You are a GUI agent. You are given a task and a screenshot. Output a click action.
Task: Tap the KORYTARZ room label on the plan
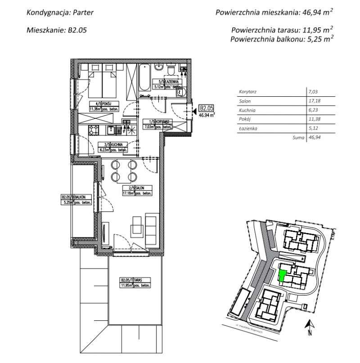point(161,121)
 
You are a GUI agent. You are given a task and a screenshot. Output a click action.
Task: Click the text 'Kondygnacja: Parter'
point(60,13)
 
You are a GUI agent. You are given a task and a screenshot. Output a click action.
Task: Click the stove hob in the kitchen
point(95,130)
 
